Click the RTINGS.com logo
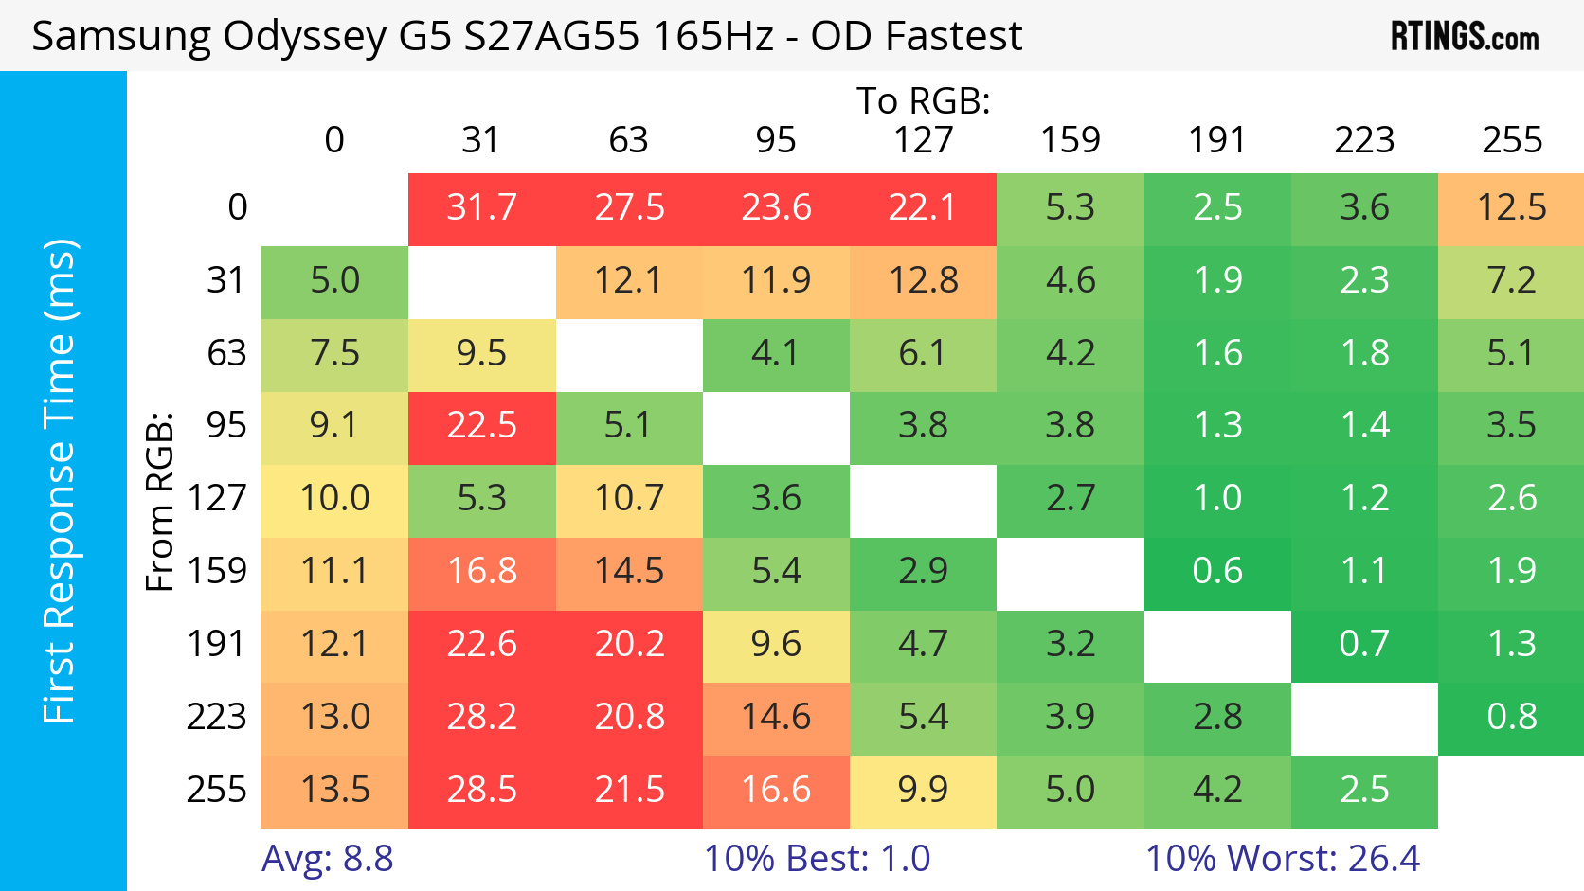click(1464, 37)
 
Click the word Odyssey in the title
click(303, 37)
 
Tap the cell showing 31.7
click(481, 207)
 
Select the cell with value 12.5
click(1511, 207)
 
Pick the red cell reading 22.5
click(481, 425)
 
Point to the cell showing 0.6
click(1217, 571)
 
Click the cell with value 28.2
click(481, 717)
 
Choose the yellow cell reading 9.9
click(923, 790)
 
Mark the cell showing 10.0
click(334, 498)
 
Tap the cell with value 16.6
click(776, 790)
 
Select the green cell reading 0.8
click(1511, 717)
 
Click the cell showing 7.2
click(1511, 280)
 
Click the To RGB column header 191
click(1217, 140)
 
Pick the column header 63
click(628, 140)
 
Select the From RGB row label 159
click(217, 571)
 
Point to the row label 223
click(217, 717)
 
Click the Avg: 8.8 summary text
click(328, 859)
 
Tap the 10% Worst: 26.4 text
click(1283, 859)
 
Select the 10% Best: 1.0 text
click(817, 859)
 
